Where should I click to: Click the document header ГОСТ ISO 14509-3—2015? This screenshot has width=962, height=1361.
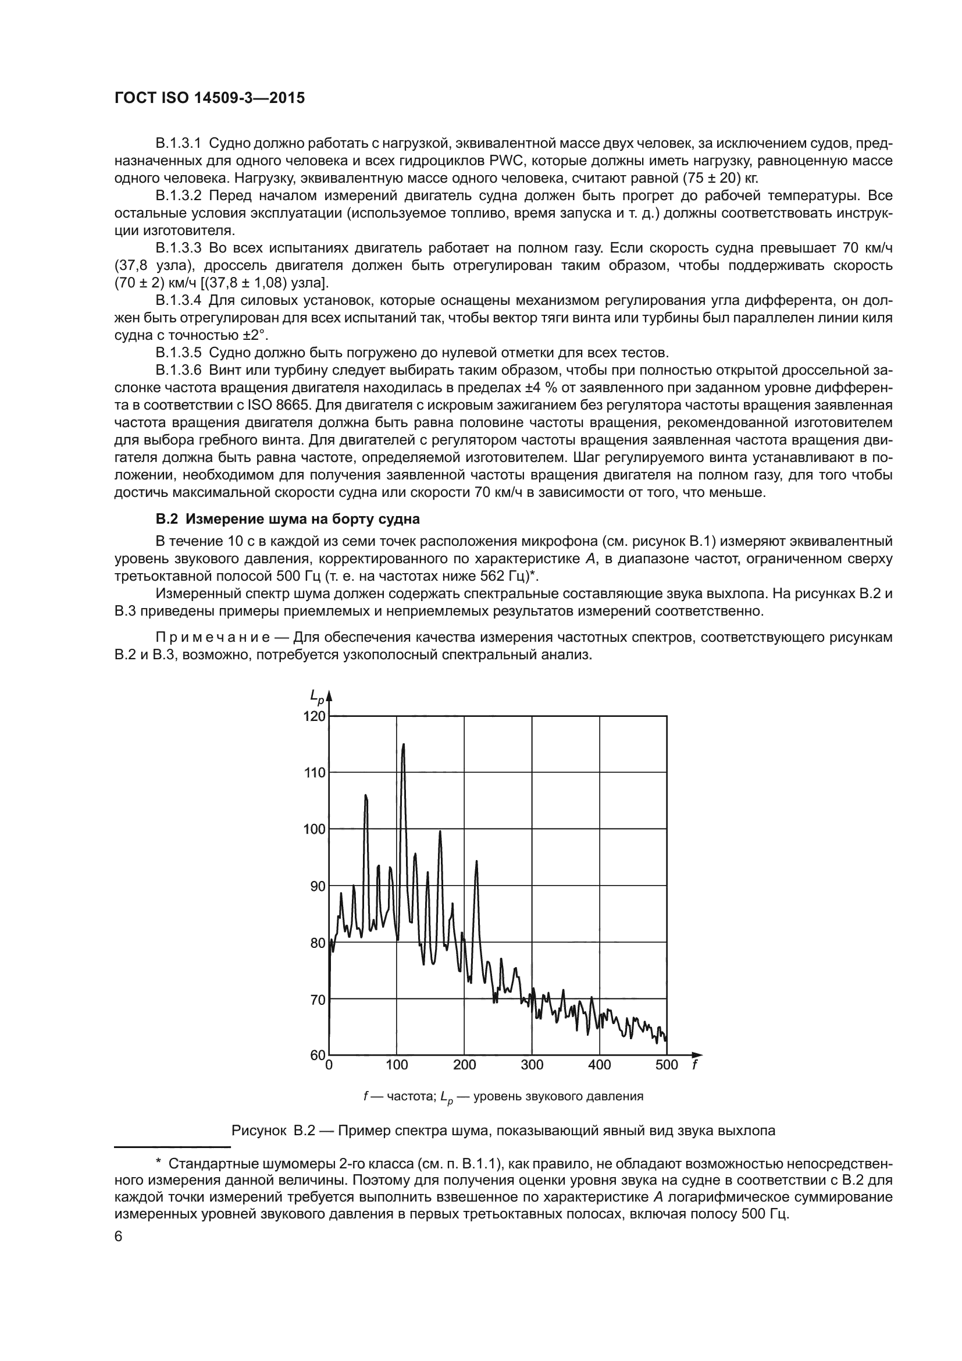209,98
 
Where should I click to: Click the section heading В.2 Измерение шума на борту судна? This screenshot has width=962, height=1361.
287,519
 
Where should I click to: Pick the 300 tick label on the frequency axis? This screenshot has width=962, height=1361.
532,1065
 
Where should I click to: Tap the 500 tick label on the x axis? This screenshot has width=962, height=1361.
667,1065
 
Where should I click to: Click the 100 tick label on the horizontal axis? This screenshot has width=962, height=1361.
396,1065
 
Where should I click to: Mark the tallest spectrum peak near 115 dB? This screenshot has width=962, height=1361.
404,745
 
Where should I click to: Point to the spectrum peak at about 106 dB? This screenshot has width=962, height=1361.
365,795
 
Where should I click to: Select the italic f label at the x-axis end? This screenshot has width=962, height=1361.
695,1065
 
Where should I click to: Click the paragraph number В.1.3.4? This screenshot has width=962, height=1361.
179,300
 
